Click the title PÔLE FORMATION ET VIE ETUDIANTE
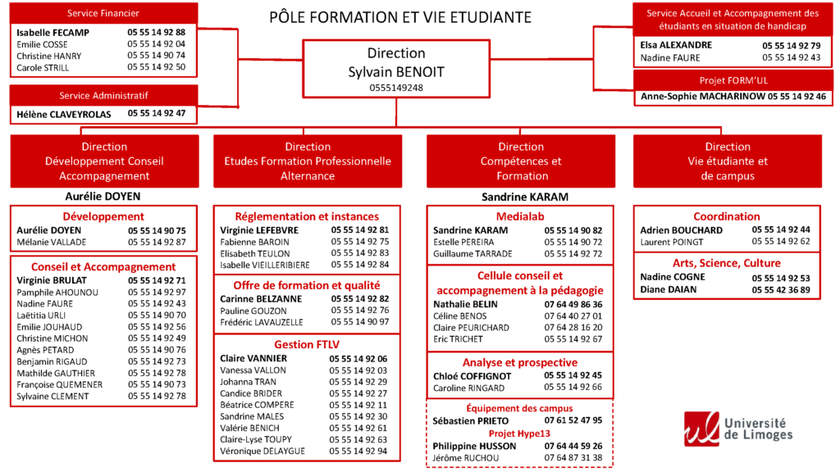[400, 16]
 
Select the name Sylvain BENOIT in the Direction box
[396, 71]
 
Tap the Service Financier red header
[103, 13]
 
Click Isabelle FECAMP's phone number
[157, 32]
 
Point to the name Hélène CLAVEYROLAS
[63, 115]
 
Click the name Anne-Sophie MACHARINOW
[701, 97]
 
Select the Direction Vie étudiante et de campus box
[727, 161]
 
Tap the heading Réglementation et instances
[307, 216]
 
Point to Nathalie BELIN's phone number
[573, 304]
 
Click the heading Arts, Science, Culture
[727, 263]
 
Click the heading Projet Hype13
[519, 433]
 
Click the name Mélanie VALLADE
[52, 242]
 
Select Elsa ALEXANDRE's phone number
[791, 45]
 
